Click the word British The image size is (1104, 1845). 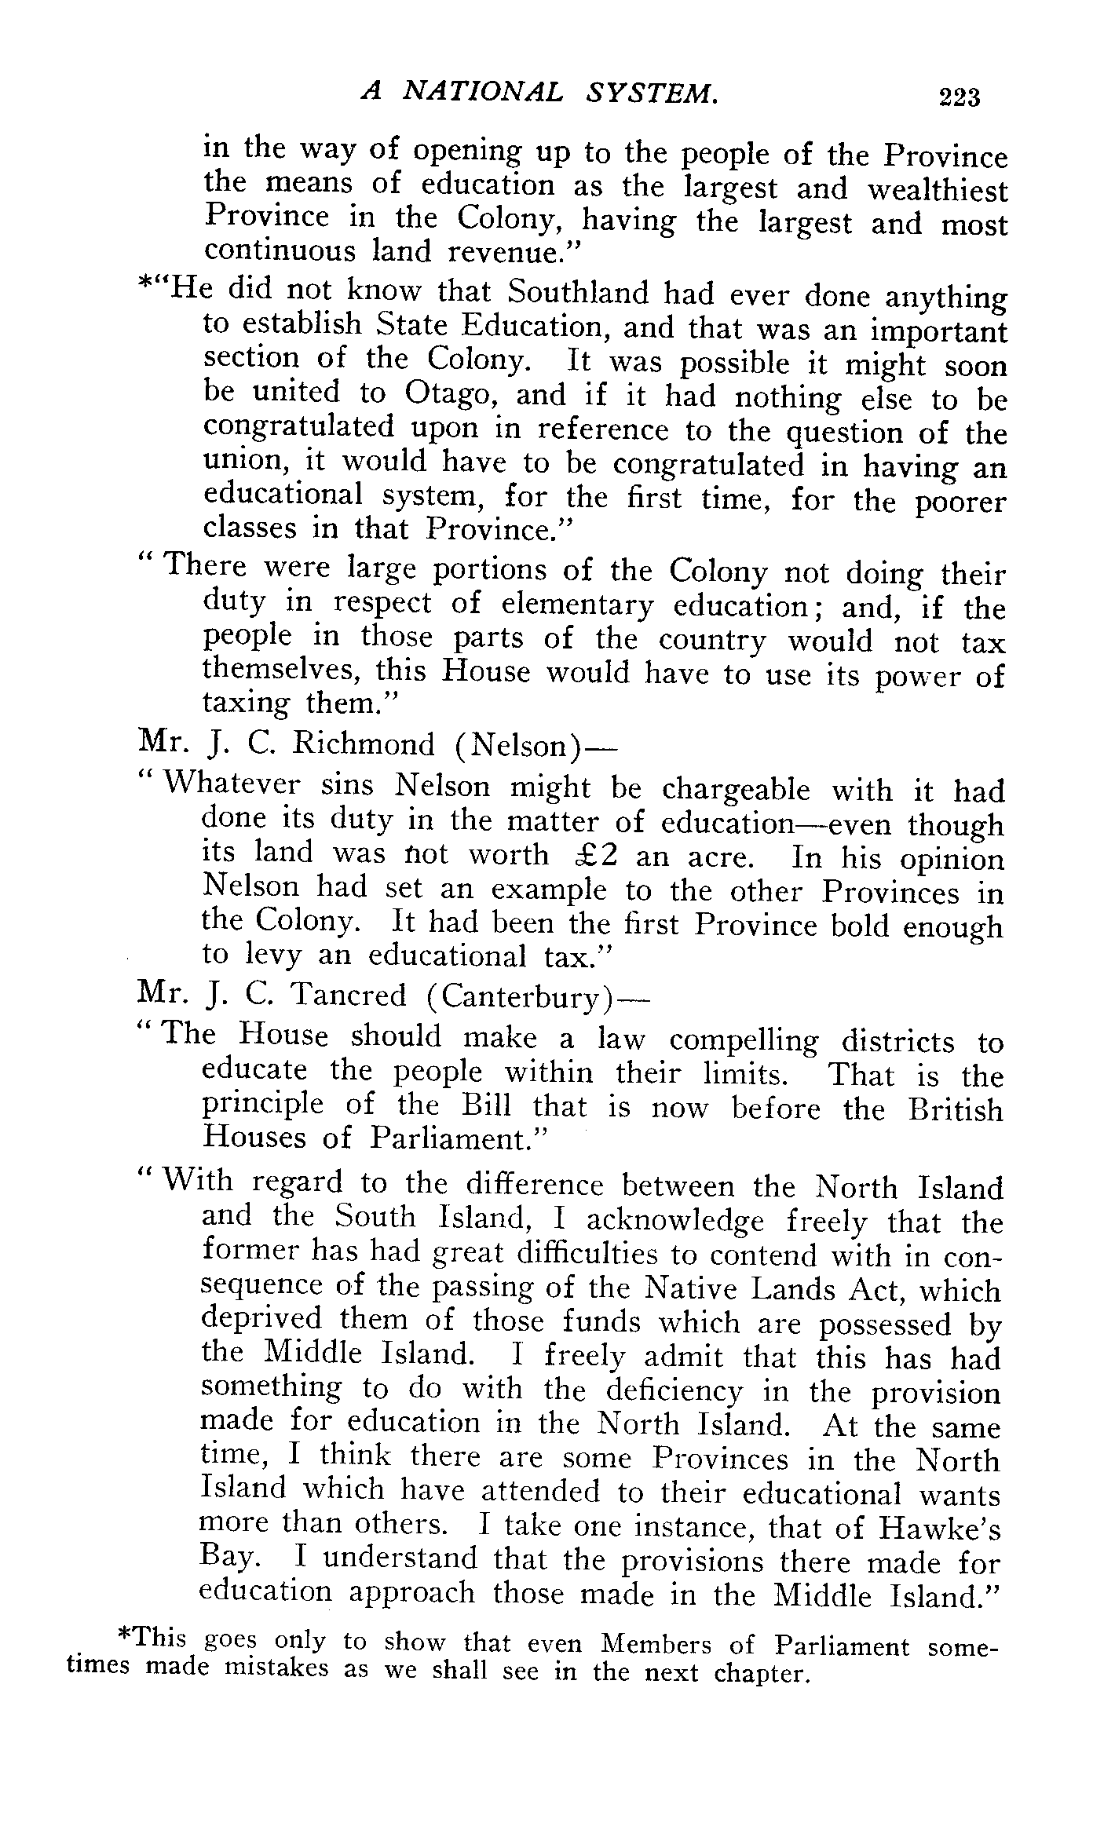tap(956, 1110)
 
